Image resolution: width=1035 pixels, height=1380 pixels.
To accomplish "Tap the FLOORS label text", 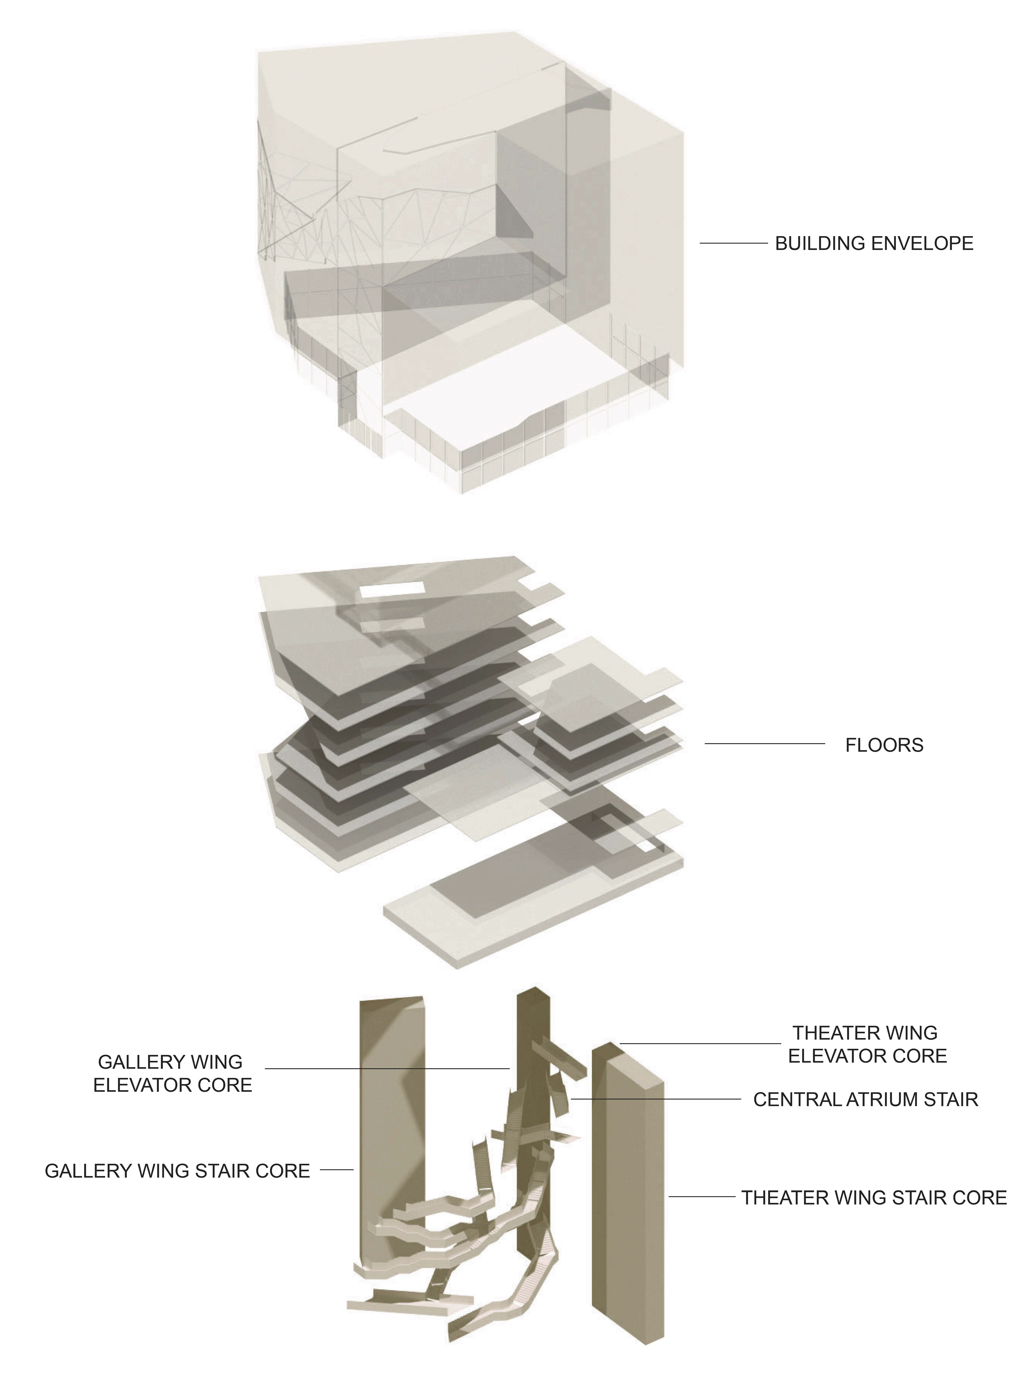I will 884,745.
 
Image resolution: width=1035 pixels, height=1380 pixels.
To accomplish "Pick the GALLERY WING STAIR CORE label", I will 177,1170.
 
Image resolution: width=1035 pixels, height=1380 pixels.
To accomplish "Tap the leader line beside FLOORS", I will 764,744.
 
